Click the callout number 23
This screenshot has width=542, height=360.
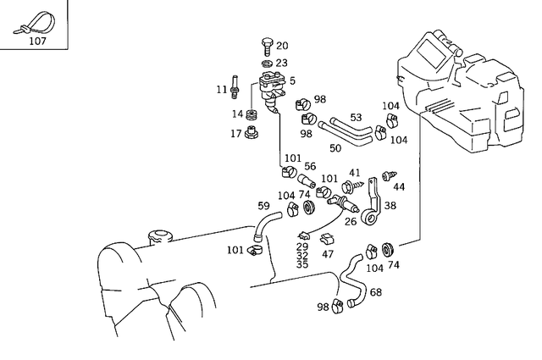(281, 63)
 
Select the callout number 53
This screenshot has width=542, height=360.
(356, 117)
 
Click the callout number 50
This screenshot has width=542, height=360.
(335, 148)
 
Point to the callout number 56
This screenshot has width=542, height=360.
(310, 167)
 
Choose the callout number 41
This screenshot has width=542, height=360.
(355, 172)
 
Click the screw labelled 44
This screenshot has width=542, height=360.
(390, 176)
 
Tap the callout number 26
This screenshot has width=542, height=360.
(350, 222)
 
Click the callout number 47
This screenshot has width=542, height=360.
(328, 253)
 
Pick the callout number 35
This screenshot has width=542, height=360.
(302, 263)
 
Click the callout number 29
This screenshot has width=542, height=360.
(302, 246)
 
